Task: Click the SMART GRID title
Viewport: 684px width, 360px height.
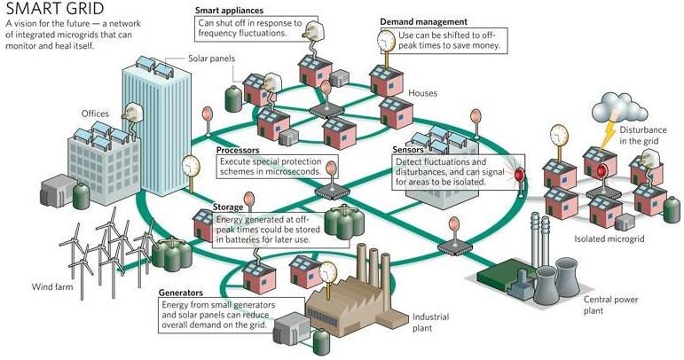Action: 55,8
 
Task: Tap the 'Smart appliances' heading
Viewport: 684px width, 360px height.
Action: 229,10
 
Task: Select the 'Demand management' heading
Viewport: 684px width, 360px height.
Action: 423,22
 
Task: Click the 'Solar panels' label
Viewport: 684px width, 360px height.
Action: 211,59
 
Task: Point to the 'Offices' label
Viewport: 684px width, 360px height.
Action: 95,113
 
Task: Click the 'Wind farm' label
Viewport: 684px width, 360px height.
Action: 52,286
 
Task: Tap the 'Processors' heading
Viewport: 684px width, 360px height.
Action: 238,151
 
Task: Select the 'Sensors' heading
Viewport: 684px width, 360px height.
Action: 408,150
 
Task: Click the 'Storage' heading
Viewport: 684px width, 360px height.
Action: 228,207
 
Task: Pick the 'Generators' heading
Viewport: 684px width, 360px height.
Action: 181,293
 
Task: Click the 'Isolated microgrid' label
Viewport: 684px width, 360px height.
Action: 609,239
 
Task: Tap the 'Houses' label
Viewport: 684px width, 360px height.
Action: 422,93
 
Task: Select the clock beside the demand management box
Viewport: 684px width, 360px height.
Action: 386,41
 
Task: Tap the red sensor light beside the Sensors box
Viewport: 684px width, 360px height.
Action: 520,176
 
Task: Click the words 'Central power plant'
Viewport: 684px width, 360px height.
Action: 610,305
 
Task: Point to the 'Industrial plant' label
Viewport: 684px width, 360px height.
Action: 430,323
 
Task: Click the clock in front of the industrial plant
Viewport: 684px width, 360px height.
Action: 328,272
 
